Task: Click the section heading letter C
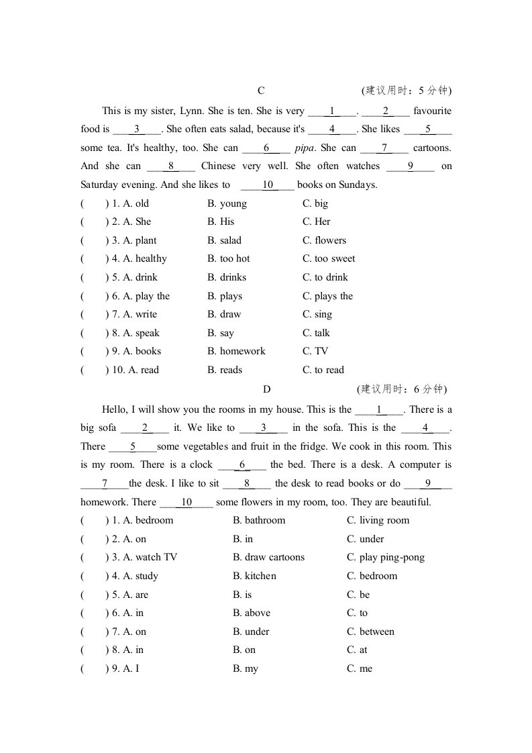(261, 91)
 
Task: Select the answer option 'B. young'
(227, 204)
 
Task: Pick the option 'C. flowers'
(325, 241)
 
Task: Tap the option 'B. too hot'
(229, 259)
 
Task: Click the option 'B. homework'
(236, 352)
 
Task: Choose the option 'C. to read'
(323, 370)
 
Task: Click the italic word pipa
(305, 148)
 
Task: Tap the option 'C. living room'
(378, 521)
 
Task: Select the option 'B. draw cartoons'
(268, 558)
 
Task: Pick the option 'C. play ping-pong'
(386, 558)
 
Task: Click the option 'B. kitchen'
(254, 576)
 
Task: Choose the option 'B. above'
(252, 613)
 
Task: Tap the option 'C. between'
(370, 632)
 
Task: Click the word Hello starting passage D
(115, 410)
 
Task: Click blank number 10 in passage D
(187, 503)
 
